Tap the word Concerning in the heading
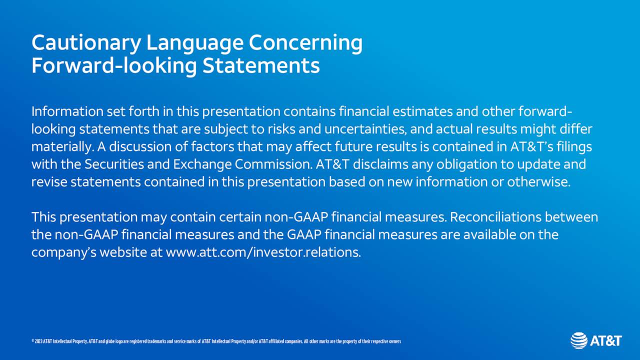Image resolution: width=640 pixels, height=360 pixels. (305, 43)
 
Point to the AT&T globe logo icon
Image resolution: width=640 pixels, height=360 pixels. (579, 341)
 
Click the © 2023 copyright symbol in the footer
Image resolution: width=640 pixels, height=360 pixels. (32, 341)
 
